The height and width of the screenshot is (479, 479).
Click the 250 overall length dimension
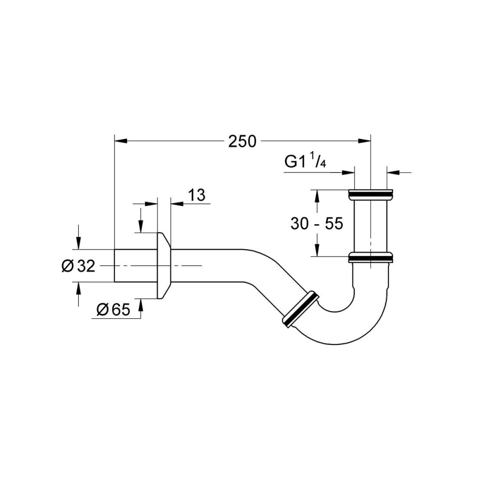[x=242, y=141]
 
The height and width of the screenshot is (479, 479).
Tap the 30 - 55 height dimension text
[x=316, y=224]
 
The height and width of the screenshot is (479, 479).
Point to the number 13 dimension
[x=197, y=195]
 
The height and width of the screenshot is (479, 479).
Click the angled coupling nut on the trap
[x=300, y=308]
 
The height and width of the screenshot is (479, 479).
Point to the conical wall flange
[x=164, y=266]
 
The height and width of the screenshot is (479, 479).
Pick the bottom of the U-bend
[x=341, y=341]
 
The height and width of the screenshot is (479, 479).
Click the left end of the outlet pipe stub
[x=116, y=266]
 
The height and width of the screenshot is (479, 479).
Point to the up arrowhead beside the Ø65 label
[x=141, y=304]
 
